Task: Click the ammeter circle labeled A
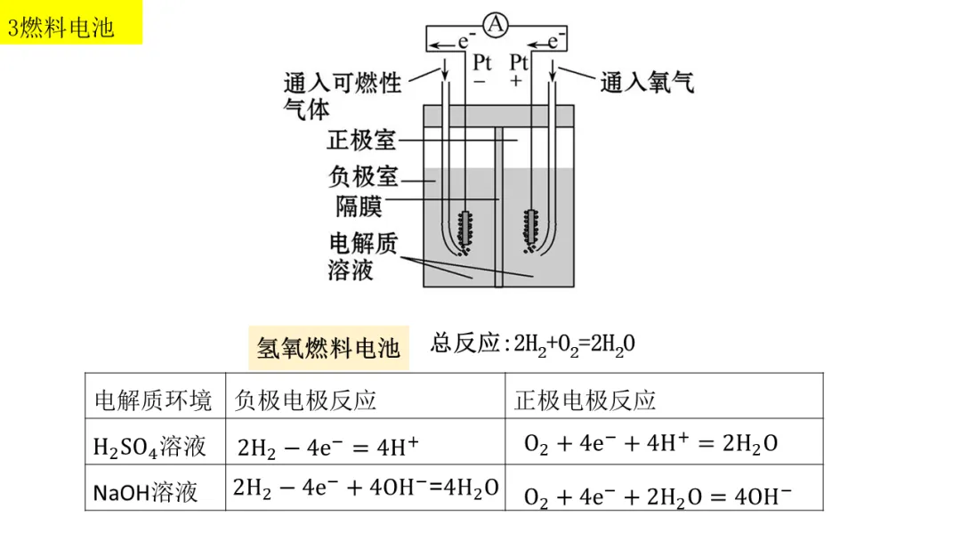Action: coord(496,27)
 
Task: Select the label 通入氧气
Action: coord(647,83)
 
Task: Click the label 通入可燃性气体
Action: coord(342,94)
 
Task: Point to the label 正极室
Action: coord(361,141)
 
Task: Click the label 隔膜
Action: coord(359,206)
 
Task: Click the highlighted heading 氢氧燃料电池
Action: coord(327,347)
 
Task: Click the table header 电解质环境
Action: coord(153,400)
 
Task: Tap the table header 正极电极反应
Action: coord(585,400)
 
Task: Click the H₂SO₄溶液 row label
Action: coord(149,446)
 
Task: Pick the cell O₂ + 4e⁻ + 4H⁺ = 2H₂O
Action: coord(650,443)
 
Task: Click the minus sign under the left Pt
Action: coord(480,82)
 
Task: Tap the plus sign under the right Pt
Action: coord(517,82)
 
